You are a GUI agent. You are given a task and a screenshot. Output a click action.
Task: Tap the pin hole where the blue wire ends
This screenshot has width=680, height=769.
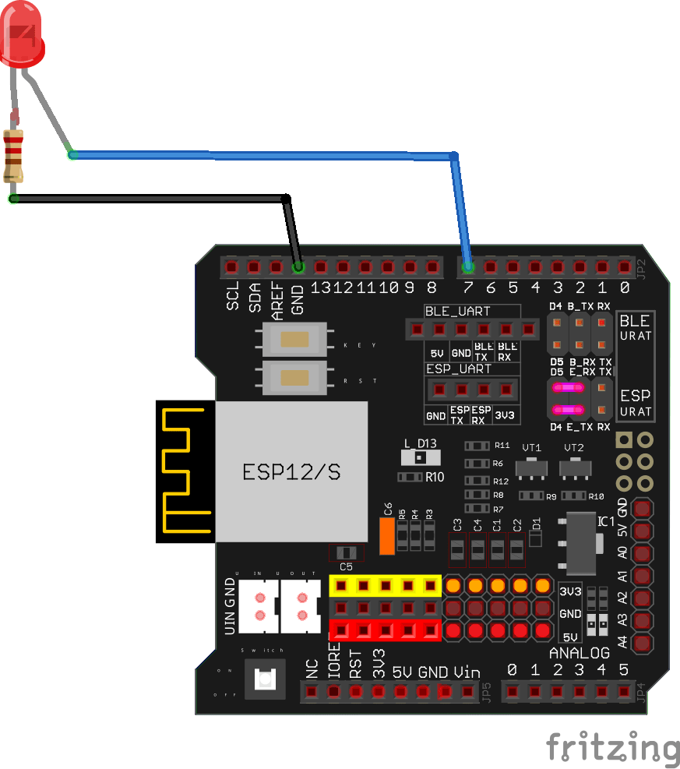468,267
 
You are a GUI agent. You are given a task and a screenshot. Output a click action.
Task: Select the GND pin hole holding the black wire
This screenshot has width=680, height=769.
298,267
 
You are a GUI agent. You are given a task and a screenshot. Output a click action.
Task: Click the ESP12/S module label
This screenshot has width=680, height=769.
291,472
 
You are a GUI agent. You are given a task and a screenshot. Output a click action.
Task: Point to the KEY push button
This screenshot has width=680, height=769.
294,340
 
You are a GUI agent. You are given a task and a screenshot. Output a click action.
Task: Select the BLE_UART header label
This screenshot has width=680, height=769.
457,310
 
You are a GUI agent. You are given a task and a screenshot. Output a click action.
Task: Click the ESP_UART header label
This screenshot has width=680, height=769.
458,369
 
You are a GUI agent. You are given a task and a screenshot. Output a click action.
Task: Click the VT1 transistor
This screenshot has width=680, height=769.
531,467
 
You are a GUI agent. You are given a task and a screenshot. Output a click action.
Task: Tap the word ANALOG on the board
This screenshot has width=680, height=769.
579,652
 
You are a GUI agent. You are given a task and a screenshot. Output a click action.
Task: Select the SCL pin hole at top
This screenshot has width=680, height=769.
231,267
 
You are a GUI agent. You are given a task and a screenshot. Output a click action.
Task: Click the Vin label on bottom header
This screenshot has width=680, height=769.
467,672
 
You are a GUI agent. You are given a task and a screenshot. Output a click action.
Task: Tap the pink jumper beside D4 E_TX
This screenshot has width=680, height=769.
568,410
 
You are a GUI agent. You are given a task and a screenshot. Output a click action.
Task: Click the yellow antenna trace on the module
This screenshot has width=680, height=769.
185,471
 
